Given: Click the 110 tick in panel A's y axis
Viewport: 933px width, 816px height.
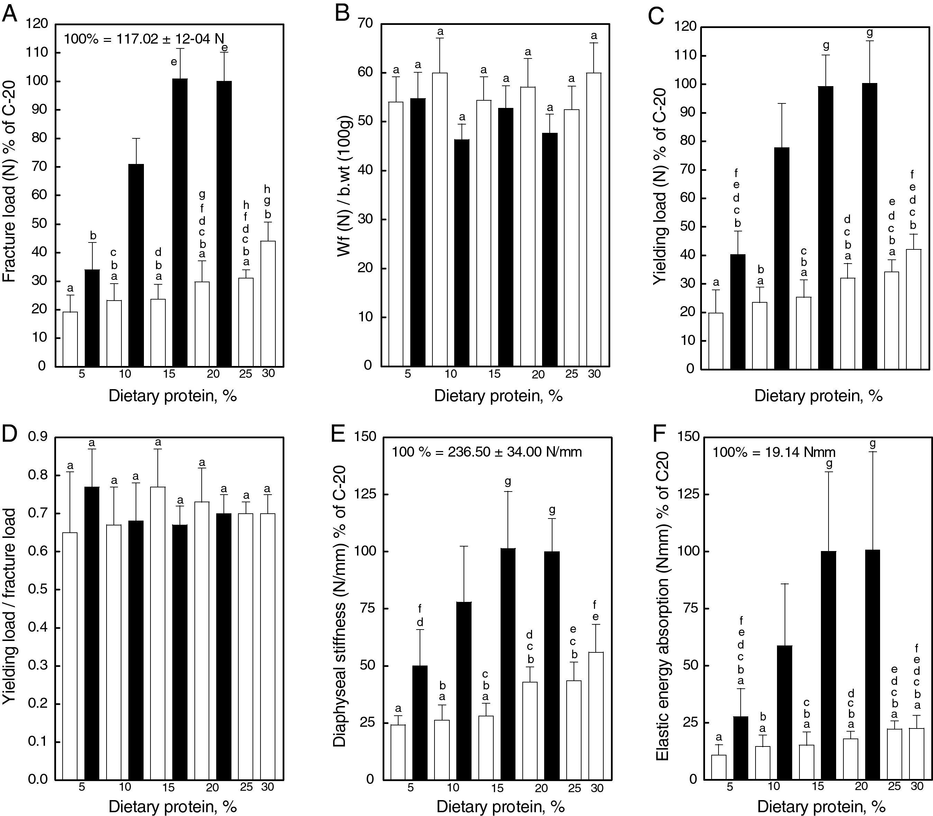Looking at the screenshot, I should (37, 53).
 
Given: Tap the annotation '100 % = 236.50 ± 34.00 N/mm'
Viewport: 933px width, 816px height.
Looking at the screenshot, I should (487, 452).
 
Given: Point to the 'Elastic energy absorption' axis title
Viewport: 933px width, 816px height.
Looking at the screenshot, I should (662, 606).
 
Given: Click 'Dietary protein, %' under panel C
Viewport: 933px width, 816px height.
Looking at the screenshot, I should (818, 395).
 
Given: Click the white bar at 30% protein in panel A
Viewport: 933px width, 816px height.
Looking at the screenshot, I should (268, 303).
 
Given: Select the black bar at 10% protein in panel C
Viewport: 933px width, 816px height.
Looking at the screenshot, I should (782, 258).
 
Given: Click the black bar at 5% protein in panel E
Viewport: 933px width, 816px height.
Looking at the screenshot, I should (420, 722).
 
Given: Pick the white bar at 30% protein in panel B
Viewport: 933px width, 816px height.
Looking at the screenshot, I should (594, 219).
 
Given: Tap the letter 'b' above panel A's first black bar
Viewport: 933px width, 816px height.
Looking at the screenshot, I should (93, 236).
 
